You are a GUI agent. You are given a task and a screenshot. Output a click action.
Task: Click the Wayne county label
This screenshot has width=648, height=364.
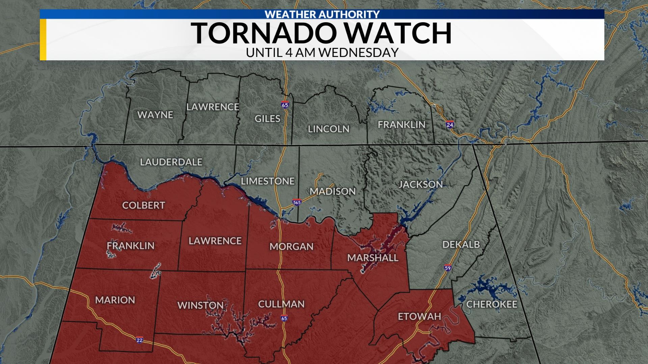(155, 115)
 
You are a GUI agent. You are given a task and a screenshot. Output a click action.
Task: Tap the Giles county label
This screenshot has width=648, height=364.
(267, 119)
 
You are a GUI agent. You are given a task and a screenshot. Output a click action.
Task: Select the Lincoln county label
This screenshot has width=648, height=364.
(328, 129)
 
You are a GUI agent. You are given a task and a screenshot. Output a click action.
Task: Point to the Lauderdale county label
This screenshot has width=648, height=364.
(171, 162)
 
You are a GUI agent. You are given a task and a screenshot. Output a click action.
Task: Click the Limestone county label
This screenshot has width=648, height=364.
(268, 181)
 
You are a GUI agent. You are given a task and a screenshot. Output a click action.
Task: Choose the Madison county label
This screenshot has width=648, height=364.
(333, 191)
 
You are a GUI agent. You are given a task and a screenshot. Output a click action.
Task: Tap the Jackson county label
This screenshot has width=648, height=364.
(421, 184)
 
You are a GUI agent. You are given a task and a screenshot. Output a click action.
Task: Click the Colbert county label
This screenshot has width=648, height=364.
(143, 205)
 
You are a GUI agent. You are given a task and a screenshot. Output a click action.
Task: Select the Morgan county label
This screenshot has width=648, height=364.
(291, 247)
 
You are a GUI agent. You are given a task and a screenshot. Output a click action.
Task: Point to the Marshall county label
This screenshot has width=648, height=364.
(373, 258)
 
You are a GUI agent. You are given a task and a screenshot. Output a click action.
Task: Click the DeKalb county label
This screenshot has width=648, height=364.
(461, 244)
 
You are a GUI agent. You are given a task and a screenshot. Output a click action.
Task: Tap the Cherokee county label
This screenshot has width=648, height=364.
(491, 305)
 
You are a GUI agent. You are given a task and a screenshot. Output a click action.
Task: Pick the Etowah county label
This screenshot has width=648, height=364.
(419, 316)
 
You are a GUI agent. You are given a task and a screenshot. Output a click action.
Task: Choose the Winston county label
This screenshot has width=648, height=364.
(200, 305)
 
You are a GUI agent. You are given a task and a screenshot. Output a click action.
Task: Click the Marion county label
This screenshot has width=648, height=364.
(115, 300)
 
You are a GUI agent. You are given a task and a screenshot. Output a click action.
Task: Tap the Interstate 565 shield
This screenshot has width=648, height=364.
(297, 202)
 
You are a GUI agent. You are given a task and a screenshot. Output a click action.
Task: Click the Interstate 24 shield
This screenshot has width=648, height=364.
(450, 124)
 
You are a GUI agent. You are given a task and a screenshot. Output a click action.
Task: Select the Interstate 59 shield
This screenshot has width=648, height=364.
(448, 268)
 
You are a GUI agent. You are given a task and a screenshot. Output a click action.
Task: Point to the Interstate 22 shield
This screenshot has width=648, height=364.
(139, 340)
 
